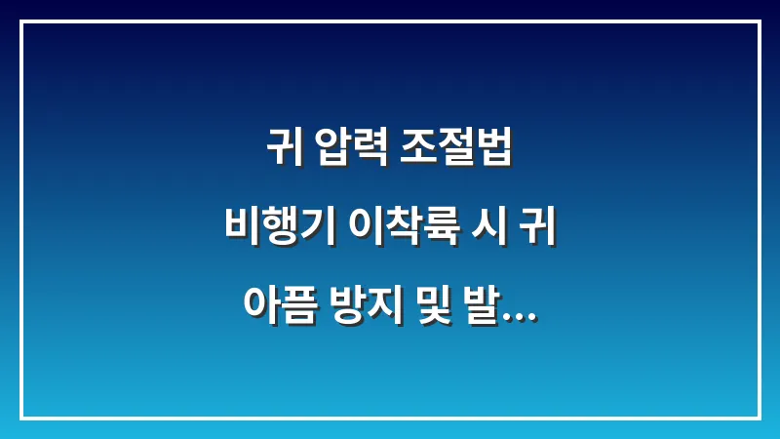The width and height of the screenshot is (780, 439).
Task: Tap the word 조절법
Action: point(454,151)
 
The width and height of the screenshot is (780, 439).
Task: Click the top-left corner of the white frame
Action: point(21,21)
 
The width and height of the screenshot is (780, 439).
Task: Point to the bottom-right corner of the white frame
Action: point(759,418)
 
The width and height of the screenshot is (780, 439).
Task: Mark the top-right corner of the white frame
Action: point(759,21)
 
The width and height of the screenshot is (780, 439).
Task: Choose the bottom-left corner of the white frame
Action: point(21,418)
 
